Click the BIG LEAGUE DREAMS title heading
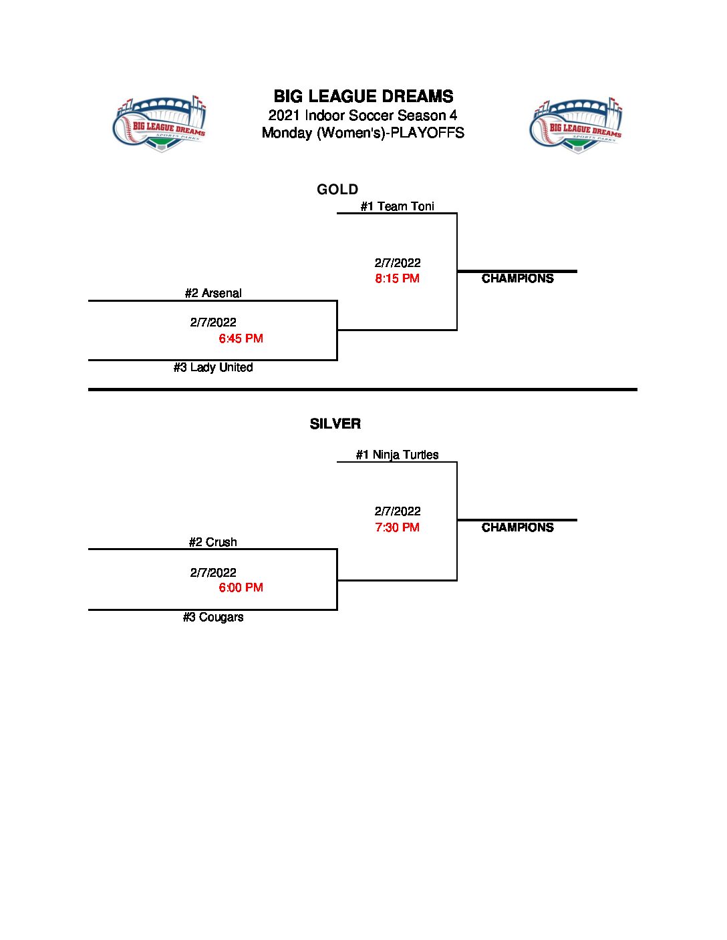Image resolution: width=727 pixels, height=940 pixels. [x=363, y=96]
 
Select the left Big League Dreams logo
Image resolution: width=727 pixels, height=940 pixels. [x=160, y=124]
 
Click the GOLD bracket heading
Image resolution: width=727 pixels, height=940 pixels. [x=337, y=190]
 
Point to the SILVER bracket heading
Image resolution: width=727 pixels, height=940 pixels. [x=335, y=424]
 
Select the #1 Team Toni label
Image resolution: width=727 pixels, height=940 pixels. [x=397, y=206]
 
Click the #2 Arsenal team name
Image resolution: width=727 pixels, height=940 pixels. [x=213, y=293]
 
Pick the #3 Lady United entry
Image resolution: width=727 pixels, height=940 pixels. [x=213, y=367]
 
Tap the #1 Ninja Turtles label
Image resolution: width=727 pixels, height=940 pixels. [x=397, y=455]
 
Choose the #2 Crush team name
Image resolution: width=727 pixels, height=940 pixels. [x=212, y=542]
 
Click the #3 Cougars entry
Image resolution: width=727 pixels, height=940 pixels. [x=213, y=617]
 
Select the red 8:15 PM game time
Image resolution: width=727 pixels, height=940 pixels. [x=397, y=278]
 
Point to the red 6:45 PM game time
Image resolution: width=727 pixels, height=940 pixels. [x=241, y=338]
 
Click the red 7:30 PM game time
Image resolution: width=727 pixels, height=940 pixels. [x=397, y=527]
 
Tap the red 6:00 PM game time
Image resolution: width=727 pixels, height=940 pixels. [x=241, y=587]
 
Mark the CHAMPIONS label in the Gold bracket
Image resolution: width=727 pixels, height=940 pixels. [x=517, y=278]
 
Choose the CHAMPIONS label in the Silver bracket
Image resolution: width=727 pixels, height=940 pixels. [x=517, y=527]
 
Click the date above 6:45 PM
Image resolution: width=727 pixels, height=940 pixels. [x=213, y=322]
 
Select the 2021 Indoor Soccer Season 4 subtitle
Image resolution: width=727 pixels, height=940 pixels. [x=363, y=115]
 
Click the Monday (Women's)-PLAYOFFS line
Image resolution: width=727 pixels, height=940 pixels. [x=363, y=132]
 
